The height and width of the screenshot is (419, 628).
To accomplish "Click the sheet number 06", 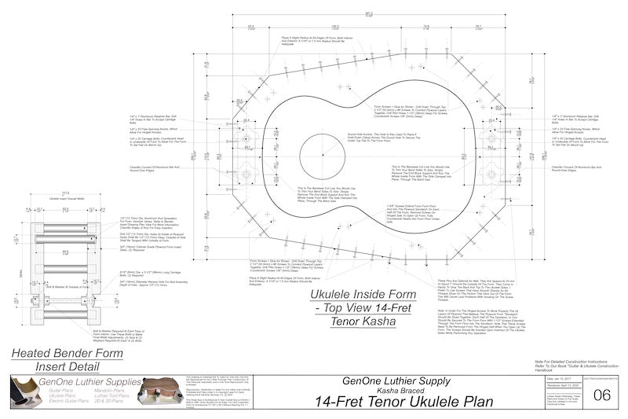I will pos(602,395).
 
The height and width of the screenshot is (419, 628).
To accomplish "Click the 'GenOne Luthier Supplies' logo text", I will pos(75,382).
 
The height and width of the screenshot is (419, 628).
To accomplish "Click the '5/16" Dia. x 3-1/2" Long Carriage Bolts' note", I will pos(141,274).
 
